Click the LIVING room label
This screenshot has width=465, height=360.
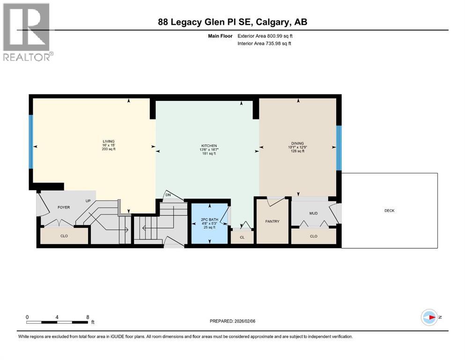pos(109,142)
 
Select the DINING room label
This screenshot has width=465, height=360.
pos(297,143)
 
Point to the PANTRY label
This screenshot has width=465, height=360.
pos(272,221)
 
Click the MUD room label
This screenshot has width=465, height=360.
pos(313,213)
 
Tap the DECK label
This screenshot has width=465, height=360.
pos(389,210)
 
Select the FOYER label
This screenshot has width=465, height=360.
pos(64,207)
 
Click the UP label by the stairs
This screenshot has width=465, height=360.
pos(88,201)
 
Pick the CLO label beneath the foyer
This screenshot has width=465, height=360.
pos(64,236)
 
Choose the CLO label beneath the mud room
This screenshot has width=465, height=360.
pos(313,236)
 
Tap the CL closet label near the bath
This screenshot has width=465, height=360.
pos(242,238)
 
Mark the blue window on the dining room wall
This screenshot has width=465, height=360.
pos(339,149)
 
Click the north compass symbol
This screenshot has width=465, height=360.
pos(429,317)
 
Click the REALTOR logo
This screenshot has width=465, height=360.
pos(27,32)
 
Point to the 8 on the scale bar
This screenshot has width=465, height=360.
pos(88,317)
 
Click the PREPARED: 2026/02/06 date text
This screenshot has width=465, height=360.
pos(233,321)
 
